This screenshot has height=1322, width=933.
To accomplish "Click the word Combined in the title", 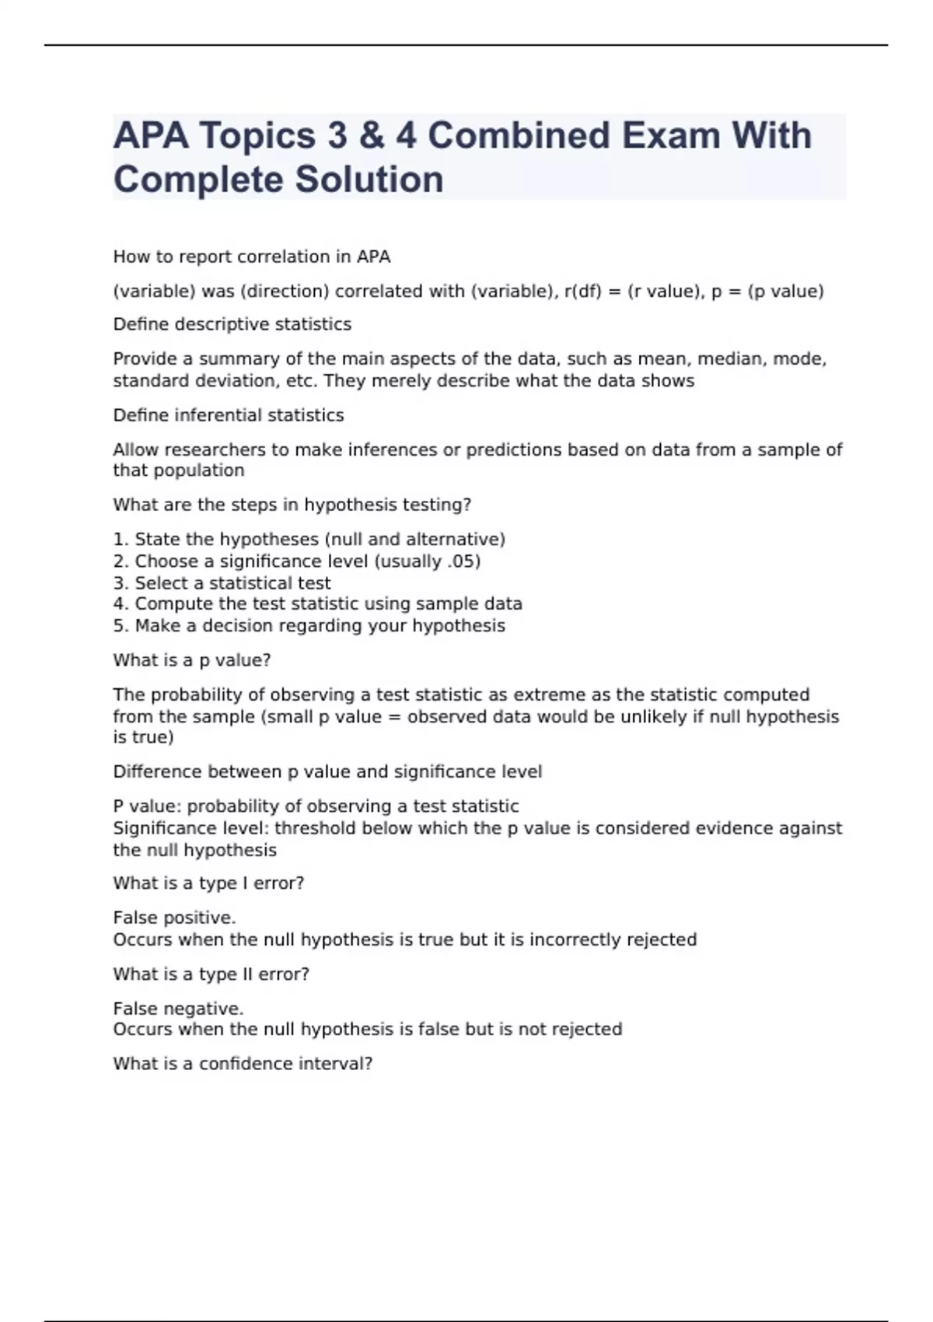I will tap(518, 135).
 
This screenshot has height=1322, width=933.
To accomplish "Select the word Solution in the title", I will tap(369, 179).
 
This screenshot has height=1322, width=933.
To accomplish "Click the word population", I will tap(200, 470).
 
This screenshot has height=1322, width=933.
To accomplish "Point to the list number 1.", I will tap(119, 540).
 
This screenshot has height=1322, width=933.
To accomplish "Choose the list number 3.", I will tap(119, 583).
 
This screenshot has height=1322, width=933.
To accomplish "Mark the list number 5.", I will tap(119, 626).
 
